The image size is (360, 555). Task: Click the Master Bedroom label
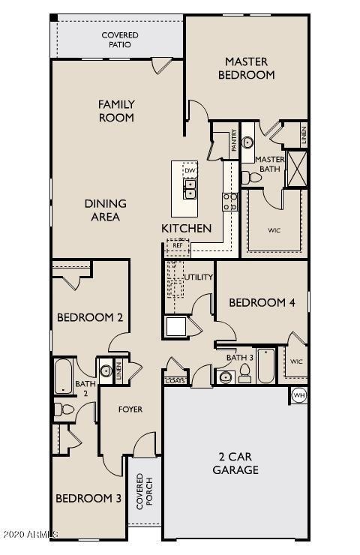(246, 67)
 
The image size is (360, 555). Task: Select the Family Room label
(116, 111)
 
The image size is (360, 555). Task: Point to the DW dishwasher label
(189, 170)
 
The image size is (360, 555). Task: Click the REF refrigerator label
(178, 245)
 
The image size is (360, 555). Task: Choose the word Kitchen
(187, 228)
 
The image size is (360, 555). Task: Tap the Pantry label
(234, 140)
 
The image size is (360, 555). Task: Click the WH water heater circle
(298, 395)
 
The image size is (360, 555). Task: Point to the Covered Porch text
(144, 491)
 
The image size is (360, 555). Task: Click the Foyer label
(130, 409)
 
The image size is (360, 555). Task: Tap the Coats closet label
(174, 381)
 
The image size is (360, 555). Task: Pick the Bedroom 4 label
(257, 302)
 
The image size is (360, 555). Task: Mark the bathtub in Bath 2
(63, 375)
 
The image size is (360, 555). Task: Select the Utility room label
(198, 277)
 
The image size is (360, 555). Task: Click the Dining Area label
(105, 210)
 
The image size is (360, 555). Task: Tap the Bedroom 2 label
(90, 317)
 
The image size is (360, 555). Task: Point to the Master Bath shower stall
(297, 167)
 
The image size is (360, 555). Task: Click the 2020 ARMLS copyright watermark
(30, 534)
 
